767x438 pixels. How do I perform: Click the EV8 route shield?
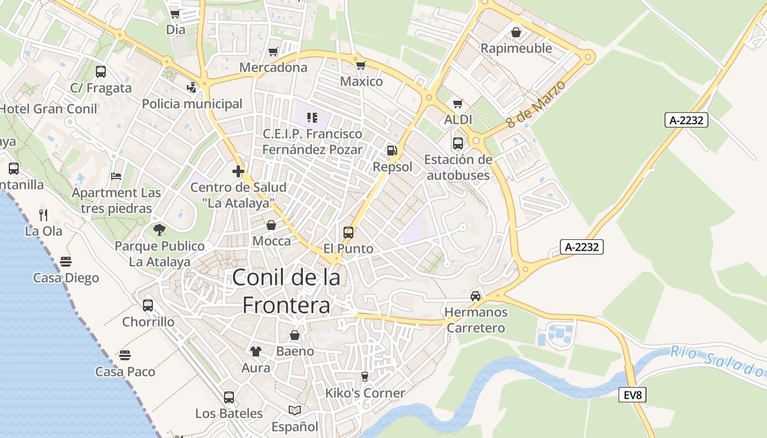[x=632, y=395]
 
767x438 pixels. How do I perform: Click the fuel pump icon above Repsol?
[x=392, y=151]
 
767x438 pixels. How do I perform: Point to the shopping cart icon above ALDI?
[x=458, y=103]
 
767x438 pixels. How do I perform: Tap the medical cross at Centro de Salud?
[x=238, y=171]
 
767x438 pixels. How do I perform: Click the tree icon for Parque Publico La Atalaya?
[x=159, y=229]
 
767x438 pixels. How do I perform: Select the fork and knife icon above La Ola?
[x=44, y=214]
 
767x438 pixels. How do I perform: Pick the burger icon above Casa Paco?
[x=125, y=355]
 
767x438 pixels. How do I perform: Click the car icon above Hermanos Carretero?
[x=476, y=296]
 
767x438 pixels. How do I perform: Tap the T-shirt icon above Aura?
[x=256, y=351]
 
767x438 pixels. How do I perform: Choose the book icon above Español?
[x=295, y=410]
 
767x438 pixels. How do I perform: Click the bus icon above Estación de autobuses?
[x=458, y=143]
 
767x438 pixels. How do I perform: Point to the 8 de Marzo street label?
[x=528, y=105]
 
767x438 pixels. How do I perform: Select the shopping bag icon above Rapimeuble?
[x=516, y=32]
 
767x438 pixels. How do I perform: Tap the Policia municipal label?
[x=192, y=103]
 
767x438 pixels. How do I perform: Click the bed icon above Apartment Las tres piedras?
[x=116, y=176]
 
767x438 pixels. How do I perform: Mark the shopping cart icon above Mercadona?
[x=273, y=51]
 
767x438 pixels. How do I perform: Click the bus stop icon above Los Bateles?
[x=229, y=397]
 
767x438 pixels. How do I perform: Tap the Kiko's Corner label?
[x=365, y=393]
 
